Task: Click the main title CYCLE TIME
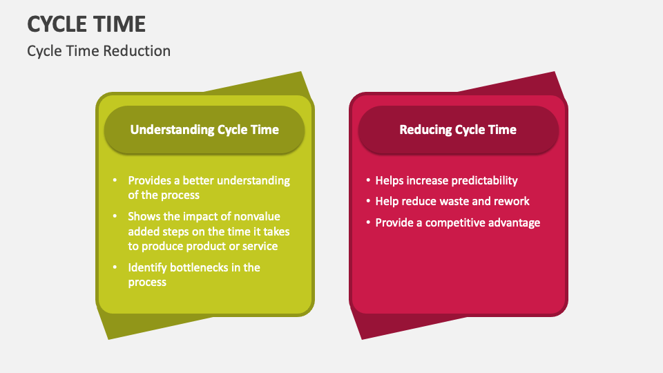coord(86,24)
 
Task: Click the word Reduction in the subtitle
coord(137,51)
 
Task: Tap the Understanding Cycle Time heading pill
coord(204,129)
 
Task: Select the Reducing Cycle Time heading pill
coord(458,129)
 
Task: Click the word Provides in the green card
coord(149,180)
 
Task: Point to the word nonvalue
coord(257,216)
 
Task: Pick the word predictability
coord(482,181)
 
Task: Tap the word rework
coord(514,201)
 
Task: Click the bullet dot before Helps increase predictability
coord(368,180)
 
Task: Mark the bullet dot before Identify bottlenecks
coord(115,267)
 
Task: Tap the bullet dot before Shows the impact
coord(115,216)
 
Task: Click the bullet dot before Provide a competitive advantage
coord(368,222)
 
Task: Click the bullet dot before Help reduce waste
coord(368,201)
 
